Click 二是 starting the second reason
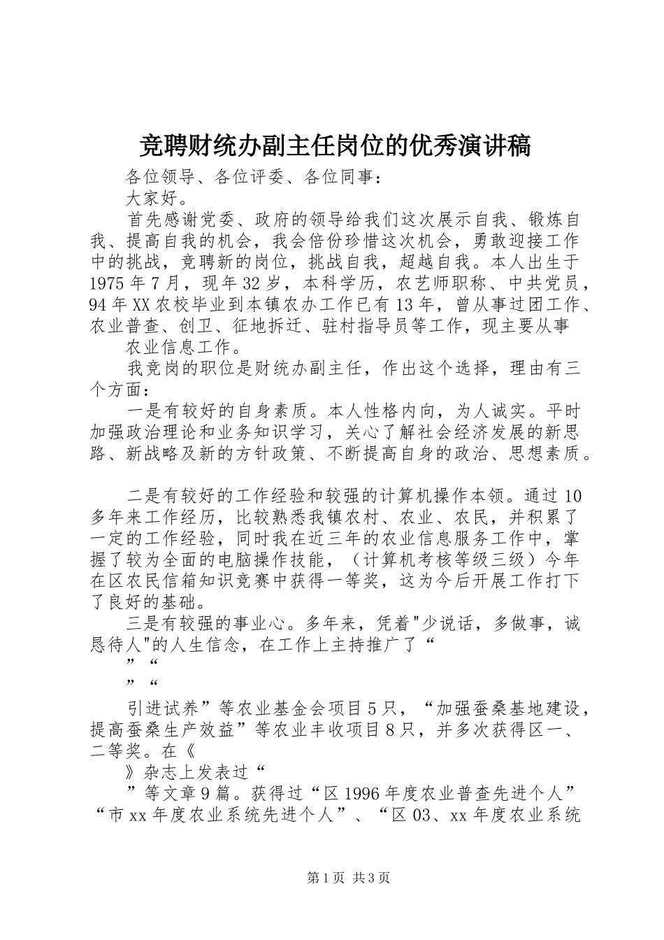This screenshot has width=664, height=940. coord(144,497)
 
